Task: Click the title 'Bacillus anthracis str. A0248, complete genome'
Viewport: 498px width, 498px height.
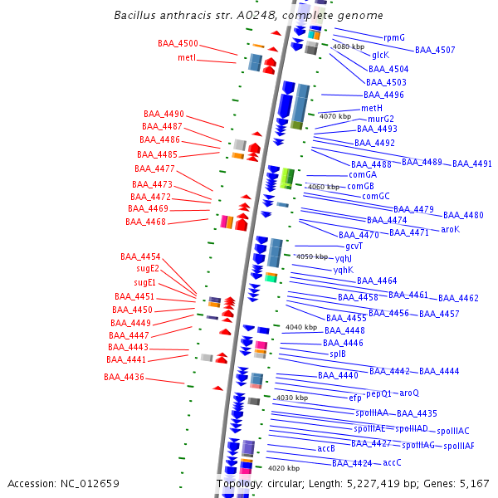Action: tap(248, 15)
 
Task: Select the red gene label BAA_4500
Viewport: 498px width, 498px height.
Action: tap(178, 43)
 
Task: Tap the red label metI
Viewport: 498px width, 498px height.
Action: tap(187, 57)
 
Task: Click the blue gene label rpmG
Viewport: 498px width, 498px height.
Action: tap(394, 37)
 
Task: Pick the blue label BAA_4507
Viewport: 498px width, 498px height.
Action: tap(435, 51)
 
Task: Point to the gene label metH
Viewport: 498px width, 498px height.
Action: tap(372, 108)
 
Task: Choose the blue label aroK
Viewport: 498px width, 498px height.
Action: tap(450, 229)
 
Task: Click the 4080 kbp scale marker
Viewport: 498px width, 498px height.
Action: tap(349, 46)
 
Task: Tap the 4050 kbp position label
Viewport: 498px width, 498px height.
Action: tap(312, 256)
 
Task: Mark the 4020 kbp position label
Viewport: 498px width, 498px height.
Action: tap(283, 468)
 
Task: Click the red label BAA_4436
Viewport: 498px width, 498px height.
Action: tap(124, 377)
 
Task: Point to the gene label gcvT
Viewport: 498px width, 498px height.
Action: tap(354, 246)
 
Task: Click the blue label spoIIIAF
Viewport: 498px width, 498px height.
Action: tap(459, 446)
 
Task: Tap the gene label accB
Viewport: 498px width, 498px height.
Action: tap(326, 448)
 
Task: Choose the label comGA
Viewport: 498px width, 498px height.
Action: tap(363, 174)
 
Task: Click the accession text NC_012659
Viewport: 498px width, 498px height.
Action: tap(63, 483)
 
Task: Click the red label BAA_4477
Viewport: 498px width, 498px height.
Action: tap(154, 168)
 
